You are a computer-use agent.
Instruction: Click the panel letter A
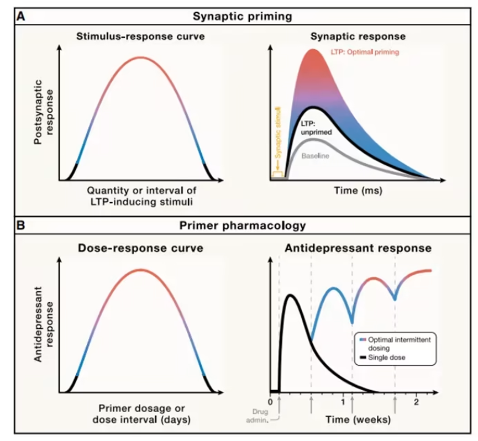20,16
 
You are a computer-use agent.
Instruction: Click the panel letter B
20,225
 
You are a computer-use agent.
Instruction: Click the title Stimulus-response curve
140,38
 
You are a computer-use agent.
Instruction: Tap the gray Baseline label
315,156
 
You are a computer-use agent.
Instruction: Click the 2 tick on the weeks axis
416,402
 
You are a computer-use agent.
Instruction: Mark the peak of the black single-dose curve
291,296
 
